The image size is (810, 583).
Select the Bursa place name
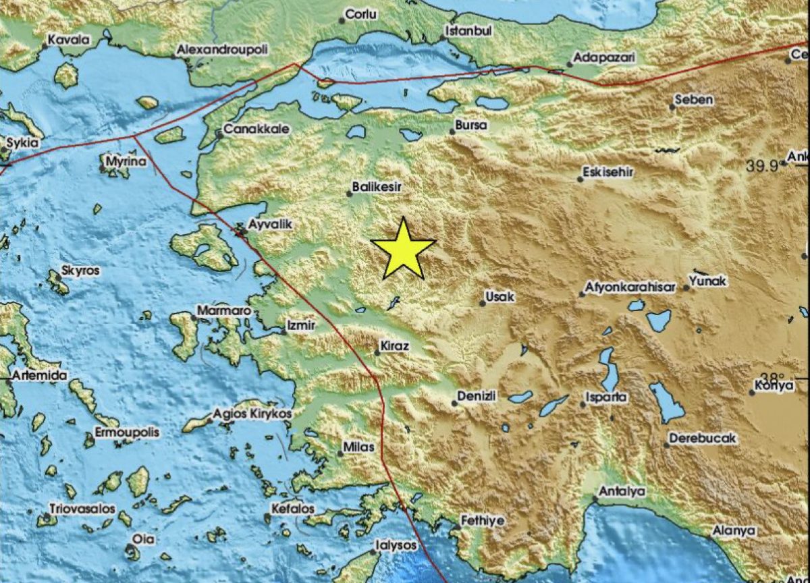[x=471, y=126]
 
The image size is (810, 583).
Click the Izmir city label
[x=301, y=325]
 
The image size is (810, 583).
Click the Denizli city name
[x=477, y=396]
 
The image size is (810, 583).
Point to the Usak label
[x=500, y=297]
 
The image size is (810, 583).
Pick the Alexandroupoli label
[x=222, y=49]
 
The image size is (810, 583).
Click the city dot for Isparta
[x=583, y=405]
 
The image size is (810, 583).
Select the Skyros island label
[x=80, y=271]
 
